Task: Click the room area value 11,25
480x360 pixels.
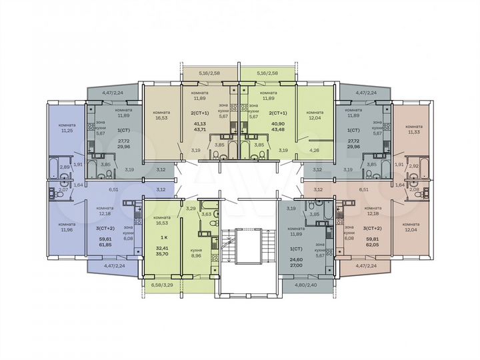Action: (66, 131)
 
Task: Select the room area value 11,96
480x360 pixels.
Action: (67, 230)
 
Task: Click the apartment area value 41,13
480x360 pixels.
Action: (200, 123)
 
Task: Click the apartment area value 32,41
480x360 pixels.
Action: (161, 247)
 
